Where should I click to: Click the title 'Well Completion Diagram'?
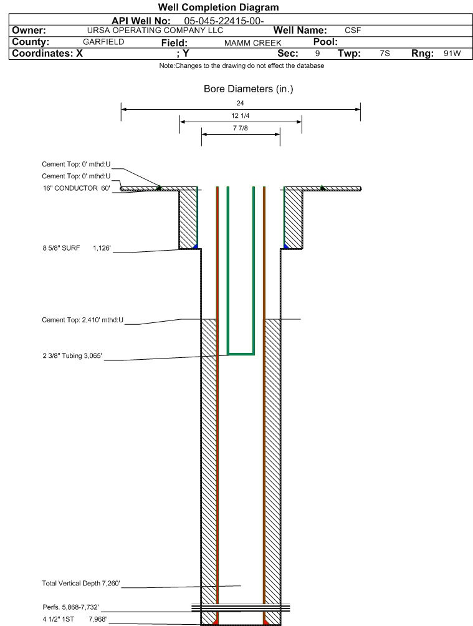click(x=218, y=7)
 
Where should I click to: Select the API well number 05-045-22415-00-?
click(x=224, y=21)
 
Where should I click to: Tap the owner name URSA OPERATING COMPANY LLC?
click(x=155, y=31)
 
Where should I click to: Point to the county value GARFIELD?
click(x=103, y=42)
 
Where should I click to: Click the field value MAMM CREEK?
click(x=252, y=43)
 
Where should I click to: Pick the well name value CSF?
click(x=353, y=31)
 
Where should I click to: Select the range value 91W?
click(x=452, y=54)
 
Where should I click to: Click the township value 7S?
click(x=385, y=54)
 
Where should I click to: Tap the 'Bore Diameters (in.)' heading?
click(x=248, y=89)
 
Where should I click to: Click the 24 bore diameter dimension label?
click(x=240, y=103)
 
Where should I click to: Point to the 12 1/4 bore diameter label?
click(x=241, y=115)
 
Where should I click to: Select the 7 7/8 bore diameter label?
click(x=241, y=128)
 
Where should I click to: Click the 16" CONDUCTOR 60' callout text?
click(x=76, y=188)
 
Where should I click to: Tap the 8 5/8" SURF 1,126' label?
click(x=77, y=248)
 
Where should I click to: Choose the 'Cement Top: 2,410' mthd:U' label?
click(x=83, y=320)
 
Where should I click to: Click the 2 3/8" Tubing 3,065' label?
click(x=72, y=356)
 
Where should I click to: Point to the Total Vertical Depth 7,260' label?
click(x=81, y=583)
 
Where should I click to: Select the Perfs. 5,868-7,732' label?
click(x=70, y=607)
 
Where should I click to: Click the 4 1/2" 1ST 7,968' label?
click(x=75, y=619)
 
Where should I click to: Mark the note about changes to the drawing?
click(x=242, y=65)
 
